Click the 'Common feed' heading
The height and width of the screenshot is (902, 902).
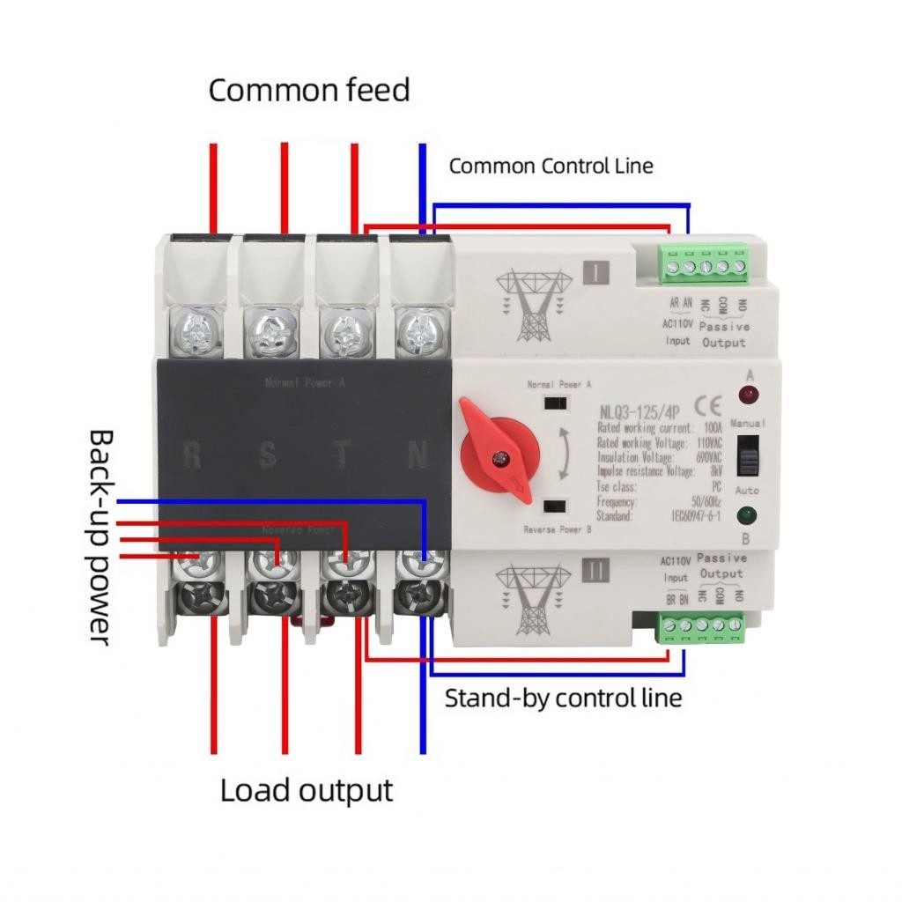309,90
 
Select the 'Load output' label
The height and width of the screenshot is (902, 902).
306,790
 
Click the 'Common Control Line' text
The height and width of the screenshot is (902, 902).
551,166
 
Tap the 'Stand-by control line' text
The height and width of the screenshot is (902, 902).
563,699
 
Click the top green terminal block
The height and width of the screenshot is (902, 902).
703,262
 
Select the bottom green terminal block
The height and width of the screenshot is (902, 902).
703,627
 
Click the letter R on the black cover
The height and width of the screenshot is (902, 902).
192,455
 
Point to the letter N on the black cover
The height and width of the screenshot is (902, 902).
418,455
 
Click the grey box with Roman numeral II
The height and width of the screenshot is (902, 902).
596,571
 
